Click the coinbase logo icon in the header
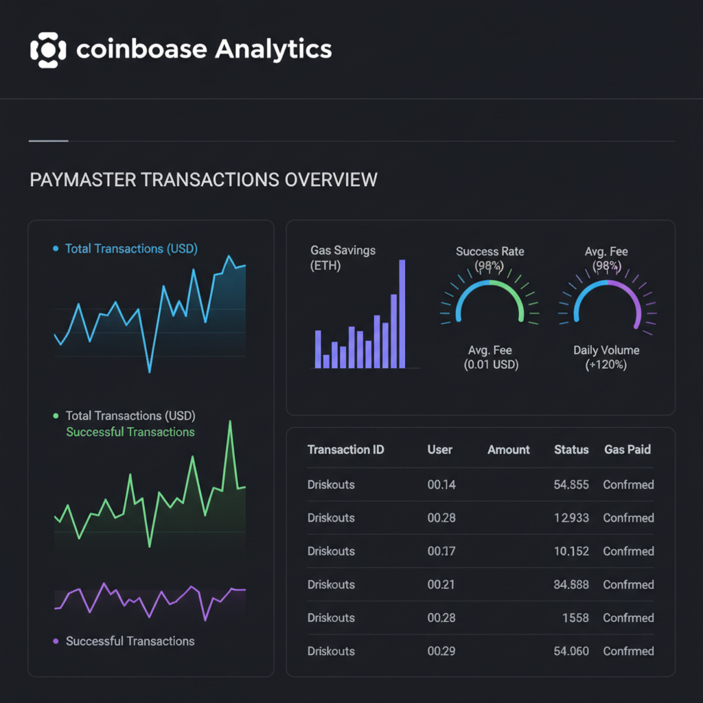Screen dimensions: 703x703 pyautogui.click(x=48, y=49)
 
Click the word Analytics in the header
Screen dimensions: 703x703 pyautogui.click(x=273, y=49)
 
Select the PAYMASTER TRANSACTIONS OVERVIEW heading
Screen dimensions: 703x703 pyautogui.click(x=203, y=180)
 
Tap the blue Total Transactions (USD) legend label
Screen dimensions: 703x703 pyautogui.click(x=130, y=249)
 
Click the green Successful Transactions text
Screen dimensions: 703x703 pyautogui.click(x=130, y=432)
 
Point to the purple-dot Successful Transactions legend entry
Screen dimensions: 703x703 pyautogui.click(x=130, y=641)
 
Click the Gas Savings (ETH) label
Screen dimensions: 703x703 pyautogui.click(x=343, y=257)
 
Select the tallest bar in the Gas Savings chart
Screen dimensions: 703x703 pyautogui.click(x=402, y=314)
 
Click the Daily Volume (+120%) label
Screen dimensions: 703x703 pyautogui.click(x=606, y=357)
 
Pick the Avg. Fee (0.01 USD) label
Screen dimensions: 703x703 pyautogui.click(x=490, y=357)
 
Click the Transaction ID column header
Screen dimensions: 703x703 pyautogui.click(x=345, y=450)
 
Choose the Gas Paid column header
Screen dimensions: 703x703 pyautogui.click(x=627, y=450)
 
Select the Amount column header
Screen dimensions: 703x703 pyautogui.click(x=509, y=450)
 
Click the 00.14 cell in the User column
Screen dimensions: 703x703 pyautogui.click(x=441, y=485)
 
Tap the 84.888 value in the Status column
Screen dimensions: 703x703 pyautogui.click(x=571, y=585)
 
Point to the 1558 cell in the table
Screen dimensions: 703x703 pyautogui.click(x=575, y=618)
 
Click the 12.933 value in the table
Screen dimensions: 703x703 pyautogui.click(x=571, y=518)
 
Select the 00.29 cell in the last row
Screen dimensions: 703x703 pyautogui.click(x=441, y=651)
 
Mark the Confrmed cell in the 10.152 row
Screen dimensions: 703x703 pyautogui.click(x=628, y=551)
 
